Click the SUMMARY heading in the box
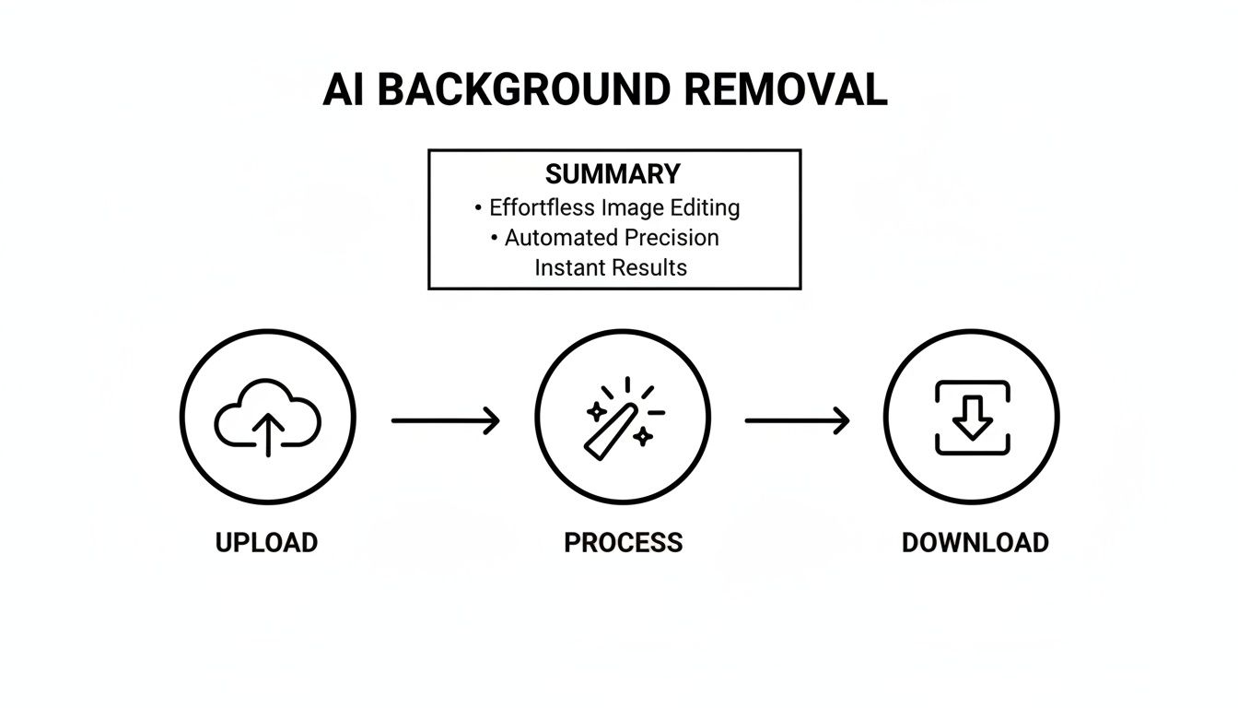[613, 174]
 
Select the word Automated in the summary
[561, 238]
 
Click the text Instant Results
[611, 268]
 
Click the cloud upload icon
[267, 418]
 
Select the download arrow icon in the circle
[972, 418]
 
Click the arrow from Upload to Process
[446, 421]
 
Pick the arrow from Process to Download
[797, 421]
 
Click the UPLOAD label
[266, 542]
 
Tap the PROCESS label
[623, 542]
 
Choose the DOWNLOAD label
[975, 542]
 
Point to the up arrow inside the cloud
[267, 433]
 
